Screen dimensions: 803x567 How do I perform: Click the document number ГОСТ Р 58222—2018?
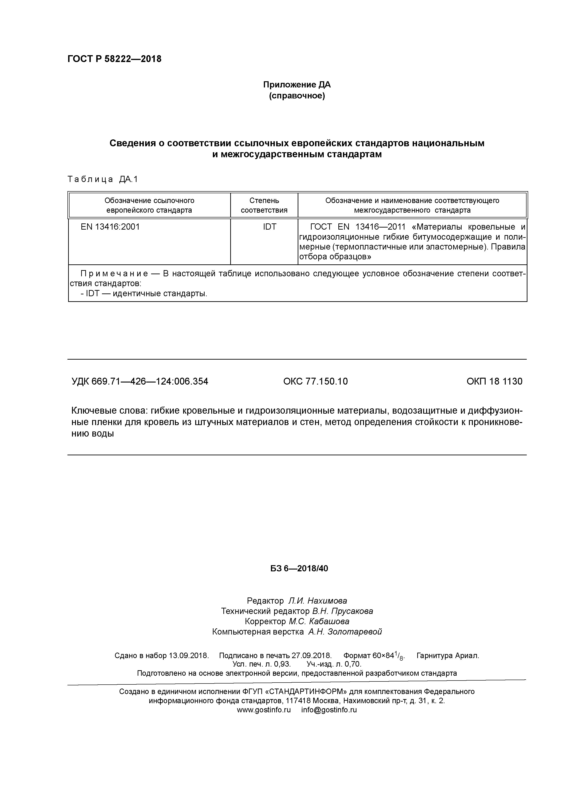(114, 59)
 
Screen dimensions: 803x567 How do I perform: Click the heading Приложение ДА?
(297, 85)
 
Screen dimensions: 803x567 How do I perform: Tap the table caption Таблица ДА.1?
(103, 179)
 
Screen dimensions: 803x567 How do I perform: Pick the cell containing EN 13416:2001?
(110, 227)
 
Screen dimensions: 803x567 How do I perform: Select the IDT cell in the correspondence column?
(269, 227)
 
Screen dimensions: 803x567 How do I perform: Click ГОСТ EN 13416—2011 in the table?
(357, 227)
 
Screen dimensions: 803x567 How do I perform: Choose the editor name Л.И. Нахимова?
(318, 601)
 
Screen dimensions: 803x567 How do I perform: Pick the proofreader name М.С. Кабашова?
(319, 621)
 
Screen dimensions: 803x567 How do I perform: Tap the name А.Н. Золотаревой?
(345, 632)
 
